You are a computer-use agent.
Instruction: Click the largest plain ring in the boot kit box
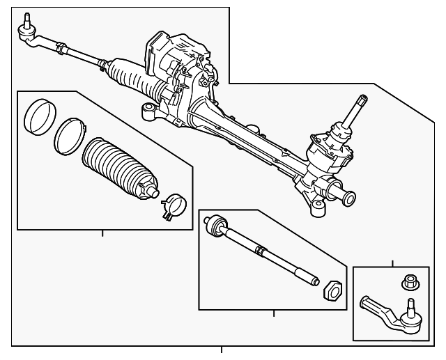coord(36,116)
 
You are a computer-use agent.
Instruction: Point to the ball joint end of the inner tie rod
coord(215,226)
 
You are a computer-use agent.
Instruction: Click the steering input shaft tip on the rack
coord(362,101)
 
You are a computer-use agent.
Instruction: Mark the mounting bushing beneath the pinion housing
coord(318,204)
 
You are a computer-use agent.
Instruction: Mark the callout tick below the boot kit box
coord(102,233)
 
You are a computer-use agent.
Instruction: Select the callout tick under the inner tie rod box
coord(273,313)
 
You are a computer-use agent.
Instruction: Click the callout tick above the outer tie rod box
coord(392,263)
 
